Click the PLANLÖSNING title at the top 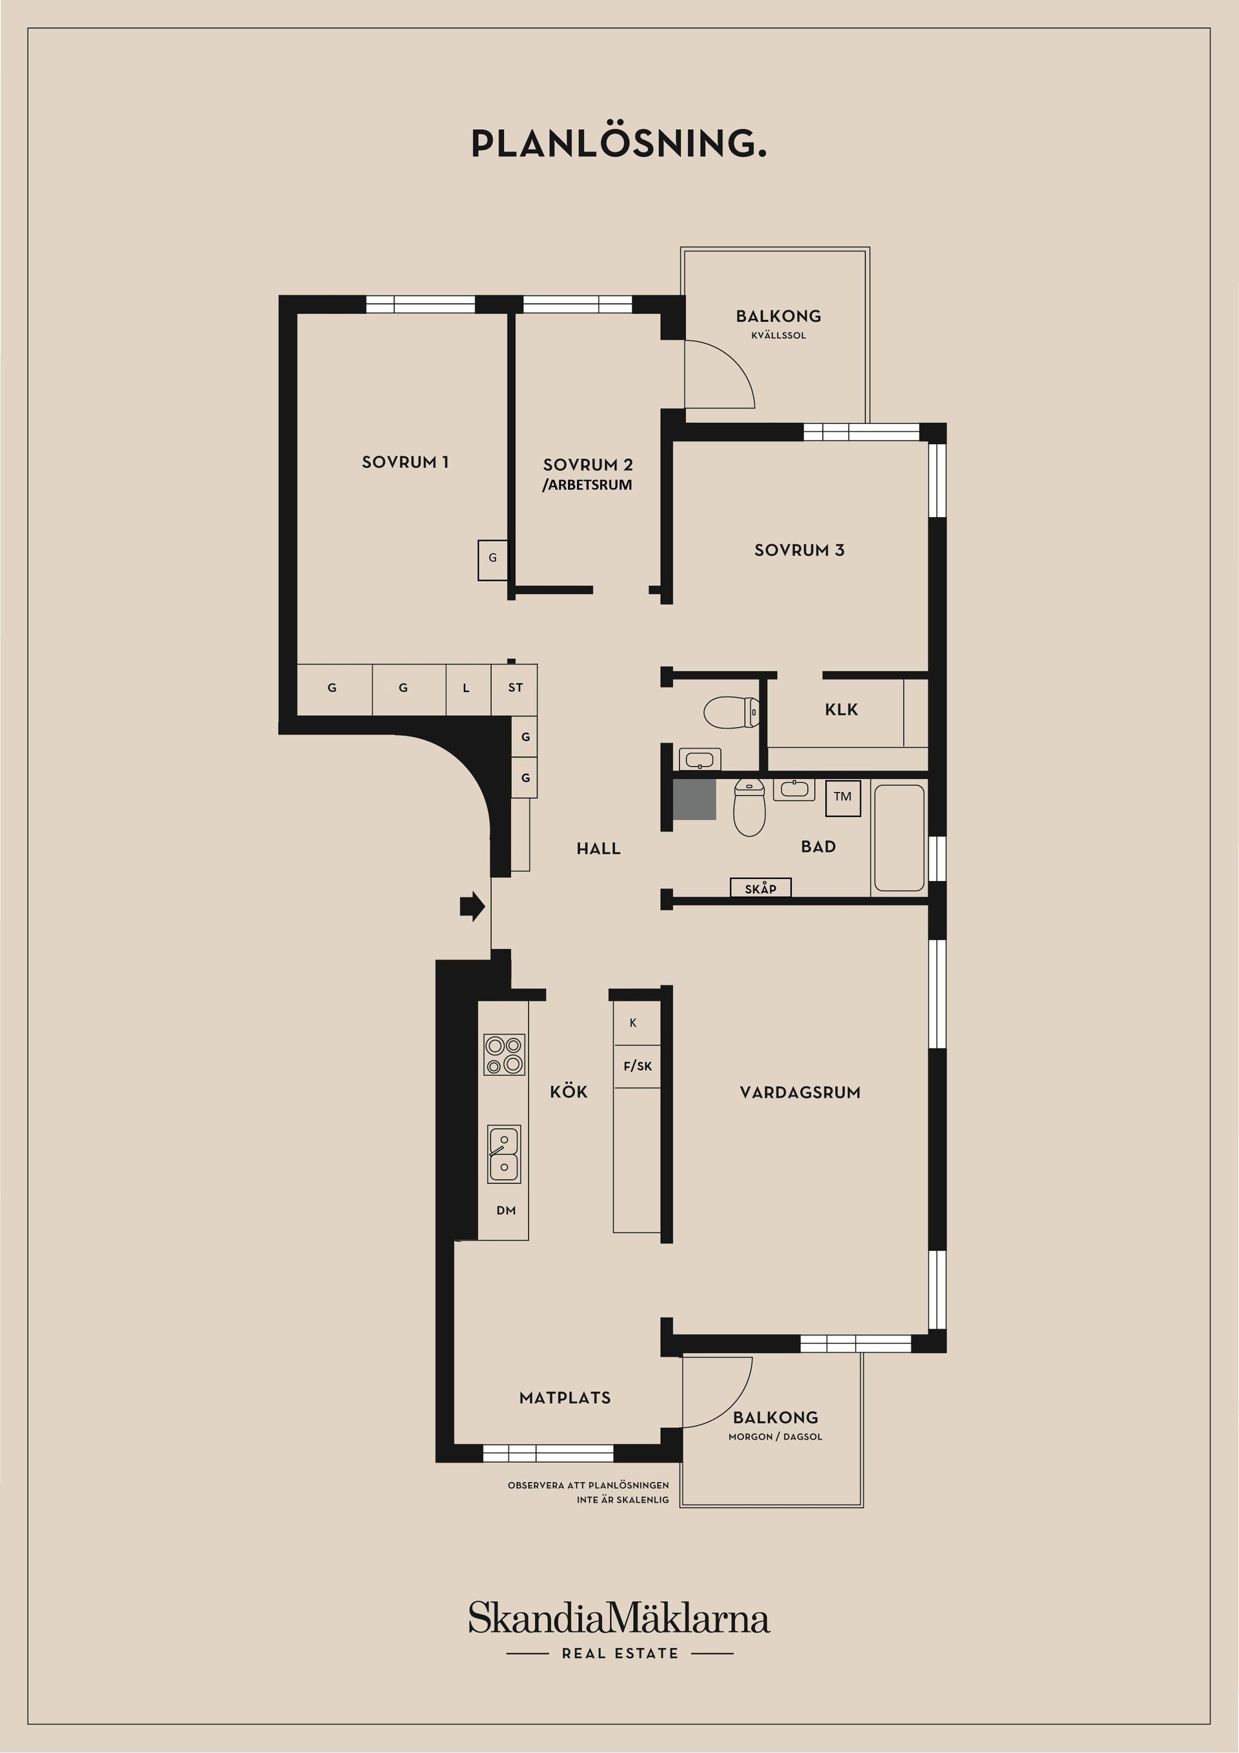pyautogui.click(x=618, y=143)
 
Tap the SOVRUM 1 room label pyautogui.click(x=405, y=462)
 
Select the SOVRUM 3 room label pyautogui.click(x=800, y=550)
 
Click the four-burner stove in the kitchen pyautogui.click(x=505, y=1055)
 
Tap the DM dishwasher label pyautogui.click(x=505, y=1210)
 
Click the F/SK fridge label pyautogui.click(x=638, y=1066)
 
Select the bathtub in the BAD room pyautogui.click(x=898, y=838)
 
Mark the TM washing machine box pyautogui.click(x=843, y=797)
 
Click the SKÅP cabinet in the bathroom pyautogui.click(x=760, y=888)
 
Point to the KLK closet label pyautogui.click(x=841, y=709)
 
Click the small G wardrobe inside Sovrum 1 pyautogui.click(x=492, y=558)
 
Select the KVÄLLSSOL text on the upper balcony pyautogui.click(x=778, y=335)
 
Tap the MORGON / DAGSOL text pyautogui.click(x=775, y=1437)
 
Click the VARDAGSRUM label pyautogui.click(x=800, y=1093)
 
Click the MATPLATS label pyautogui.click(x=565, y=1398)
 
